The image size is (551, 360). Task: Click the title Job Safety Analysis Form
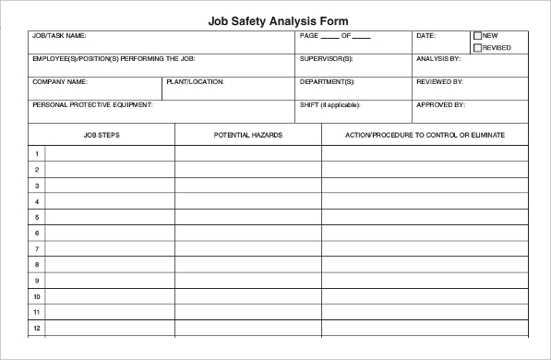click(278, 19)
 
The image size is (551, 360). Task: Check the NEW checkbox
click(477, 36)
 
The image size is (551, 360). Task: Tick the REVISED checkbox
click(477, 48)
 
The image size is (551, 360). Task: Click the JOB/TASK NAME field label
click(59, 36)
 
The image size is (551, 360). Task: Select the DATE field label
click(425, 36)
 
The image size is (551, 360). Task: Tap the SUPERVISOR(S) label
click(326, 59)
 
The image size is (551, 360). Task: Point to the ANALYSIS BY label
click(438, 59)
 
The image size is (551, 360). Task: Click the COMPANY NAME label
click(59, 82)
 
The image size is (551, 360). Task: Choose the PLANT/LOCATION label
click(196, 82)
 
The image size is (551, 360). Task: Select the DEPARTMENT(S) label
click(327, 82)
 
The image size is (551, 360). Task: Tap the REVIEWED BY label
click(439, 82)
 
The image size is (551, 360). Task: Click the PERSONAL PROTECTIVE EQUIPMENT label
click(92, 105)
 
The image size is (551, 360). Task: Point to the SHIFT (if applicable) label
click(329, 105)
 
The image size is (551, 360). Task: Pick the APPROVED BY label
click(440, 105)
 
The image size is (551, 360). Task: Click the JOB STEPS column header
click(102, 135)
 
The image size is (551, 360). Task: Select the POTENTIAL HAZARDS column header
click(248, 135)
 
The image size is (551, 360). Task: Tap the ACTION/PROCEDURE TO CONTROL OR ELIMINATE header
click(425, 135)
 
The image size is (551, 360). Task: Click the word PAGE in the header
click(308, 36)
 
